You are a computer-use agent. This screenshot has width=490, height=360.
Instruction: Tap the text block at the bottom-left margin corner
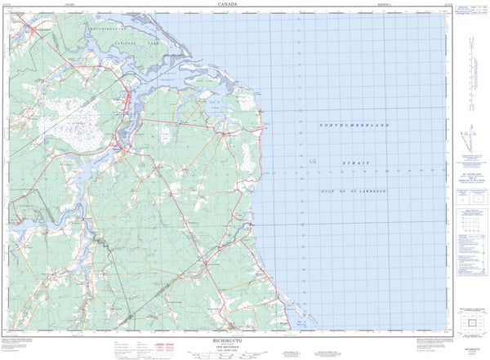pos(20,344)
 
